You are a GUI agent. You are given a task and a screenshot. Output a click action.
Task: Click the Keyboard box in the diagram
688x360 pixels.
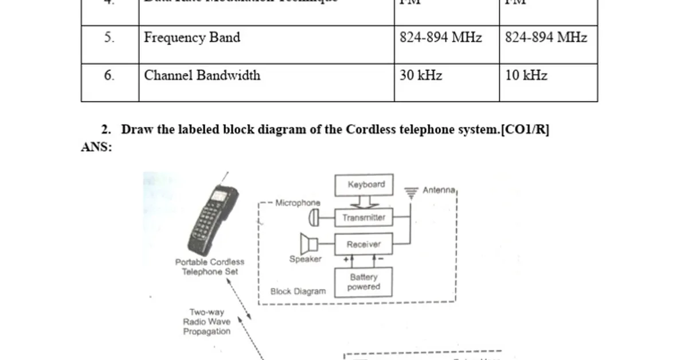pos(364,185)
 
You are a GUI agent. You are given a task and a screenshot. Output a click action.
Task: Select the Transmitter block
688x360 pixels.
pos(364,218)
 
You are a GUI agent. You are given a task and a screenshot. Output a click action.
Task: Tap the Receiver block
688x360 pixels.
pos(364,244)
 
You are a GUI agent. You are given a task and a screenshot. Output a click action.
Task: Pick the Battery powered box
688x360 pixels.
pos(364,281)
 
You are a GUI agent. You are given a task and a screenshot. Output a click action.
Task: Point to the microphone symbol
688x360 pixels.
pos(313,218)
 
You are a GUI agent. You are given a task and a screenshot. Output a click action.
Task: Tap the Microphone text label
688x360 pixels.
pos(298,202)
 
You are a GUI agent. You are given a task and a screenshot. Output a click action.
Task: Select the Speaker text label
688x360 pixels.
pos(305,259)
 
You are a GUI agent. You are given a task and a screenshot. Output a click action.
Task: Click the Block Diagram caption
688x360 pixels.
pos(298,291)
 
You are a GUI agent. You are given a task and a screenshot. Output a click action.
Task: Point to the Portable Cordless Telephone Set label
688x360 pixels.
pos(209,267)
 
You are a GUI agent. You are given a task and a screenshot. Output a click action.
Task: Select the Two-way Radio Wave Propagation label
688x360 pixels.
pos(206,322)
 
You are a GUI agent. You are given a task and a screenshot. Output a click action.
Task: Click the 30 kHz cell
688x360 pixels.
pos(421,76)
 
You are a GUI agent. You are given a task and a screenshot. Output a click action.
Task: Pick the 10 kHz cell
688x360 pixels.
pos(526,76)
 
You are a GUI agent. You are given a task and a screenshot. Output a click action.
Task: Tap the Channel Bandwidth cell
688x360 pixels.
pos(202,76)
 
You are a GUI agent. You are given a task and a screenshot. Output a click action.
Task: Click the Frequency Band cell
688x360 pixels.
pos(192,38)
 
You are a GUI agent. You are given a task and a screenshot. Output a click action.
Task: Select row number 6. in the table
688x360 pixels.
pos(109,76)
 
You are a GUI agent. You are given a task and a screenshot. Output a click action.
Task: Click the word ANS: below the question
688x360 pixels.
pos(96,147)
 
